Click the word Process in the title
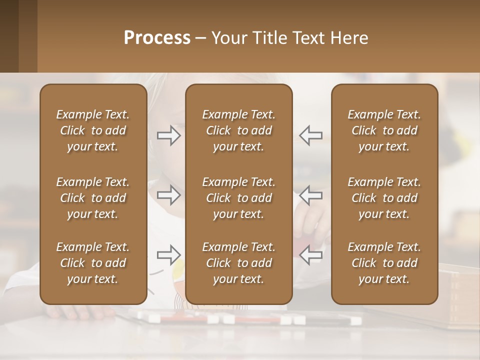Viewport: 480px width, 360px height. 157,38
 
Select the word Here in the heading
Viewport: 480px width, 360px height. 349,38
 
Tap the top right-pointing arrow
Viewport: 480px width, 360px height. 168,135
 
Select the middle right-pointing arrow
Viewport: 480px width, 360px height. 168,195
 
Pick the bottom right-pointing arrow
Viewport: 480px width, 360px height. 168,255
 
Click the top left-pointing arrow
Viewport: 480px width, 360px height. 311,135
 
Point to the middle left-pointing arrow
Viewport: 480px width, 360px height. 311,195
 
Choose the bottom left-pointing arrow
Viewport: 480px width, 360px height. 311,255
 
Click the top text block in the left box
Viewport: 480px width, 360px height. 93,130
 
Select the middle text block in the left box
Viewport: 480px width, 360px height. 93,198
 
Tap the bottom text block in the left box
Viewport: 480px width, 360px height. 93,263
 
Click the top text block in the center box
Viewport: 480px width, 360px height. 238,130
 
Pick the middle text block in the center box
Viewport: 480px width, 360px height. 238,198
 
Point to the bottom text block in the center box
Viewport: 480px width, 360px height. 238,263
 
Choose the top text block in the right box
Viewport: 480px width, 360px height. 384,130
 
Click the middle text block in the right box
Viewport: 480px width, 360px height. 384,198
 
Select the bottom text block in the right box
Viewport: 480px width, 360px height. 384,263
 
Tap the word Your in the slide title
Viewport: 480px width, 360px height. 229,38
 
